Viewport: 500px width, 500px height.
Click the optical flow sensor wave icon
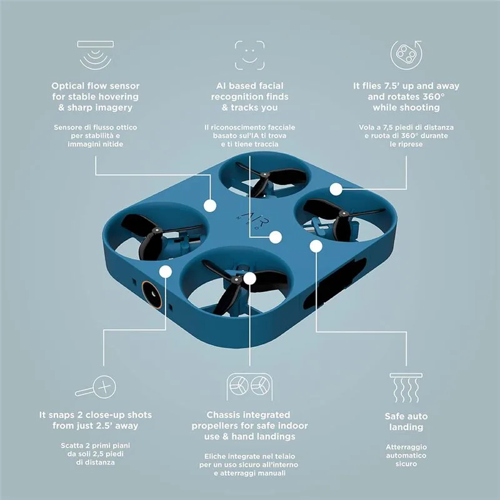96,55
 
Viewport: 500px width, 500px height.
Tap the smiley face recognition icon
249,55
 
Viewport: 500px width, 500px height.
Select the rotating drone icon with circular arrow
406,55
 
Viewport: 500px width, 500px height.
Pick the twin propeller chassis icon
249,386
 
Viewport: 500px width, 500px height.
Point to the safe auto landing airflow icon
406,387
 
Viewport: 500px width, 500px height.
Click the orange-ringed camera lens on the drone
152,294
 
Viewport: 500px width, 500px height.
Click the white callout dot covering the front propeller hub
249,278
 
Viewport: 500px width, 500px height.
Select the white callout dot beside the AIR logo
276,237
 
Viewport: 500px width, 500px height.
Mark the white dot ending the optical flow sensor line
210,206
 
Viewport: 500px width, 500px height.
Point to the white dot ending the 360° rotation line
336,189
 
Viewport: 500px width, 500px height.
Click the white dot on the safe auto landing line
316,246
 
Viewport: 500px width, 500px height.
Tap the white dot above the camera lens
166,272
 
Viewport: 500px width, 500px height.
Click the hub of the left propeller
157,230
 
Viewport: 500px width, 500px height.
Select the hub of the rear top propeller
264,175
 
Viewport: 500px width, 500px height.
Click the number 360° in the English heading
434,97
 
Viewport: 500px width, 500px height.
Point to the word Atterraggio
406,447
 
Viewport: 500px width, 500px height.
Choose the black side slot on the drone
335,284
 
